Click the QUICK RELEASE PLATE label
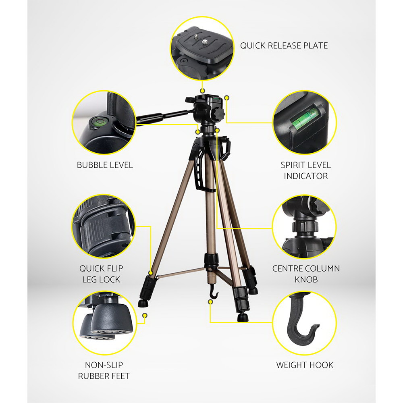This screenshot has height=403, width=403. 284,46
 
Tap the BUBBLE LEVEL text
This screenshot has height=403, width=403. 105,165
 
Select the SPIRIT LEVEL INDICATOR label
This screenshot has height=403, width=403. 306,170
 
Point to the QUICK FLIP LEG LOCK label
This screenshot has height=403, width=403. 101,274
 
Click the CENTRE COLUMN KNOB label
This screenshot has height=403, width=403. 306,274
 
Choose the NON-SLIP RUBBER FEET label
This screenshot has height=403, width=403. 104,370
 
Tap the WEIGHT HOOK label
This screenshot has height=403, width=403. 305,365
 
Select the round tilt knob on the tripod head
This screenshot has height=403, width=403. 218,114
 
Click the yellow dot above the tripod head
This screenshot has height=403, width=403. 203,90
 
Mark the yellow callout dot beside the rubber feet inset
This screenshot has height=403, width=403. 145,315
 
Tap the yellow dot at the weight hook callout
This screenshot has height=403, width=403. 210,302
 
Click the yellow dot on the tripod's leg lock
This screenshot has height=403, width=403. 151,273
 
